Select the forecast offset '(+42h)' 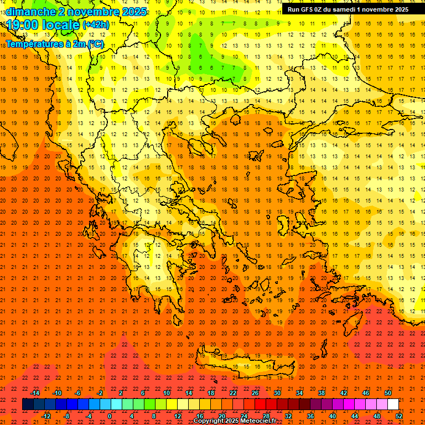(96, 25)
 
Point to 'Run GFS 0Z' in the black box (305, 9)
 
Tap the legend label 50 (387, 393)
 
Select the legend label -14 (35, 393)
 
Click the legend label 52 (400, 416)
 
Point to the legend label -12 (46, 416)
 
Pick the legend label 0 (110, 416)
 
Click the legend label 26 (255, 393)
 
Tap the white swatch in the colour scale (393, 405)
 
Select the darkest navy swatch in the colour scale (28, 405)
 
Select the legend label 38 (321, 393)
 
